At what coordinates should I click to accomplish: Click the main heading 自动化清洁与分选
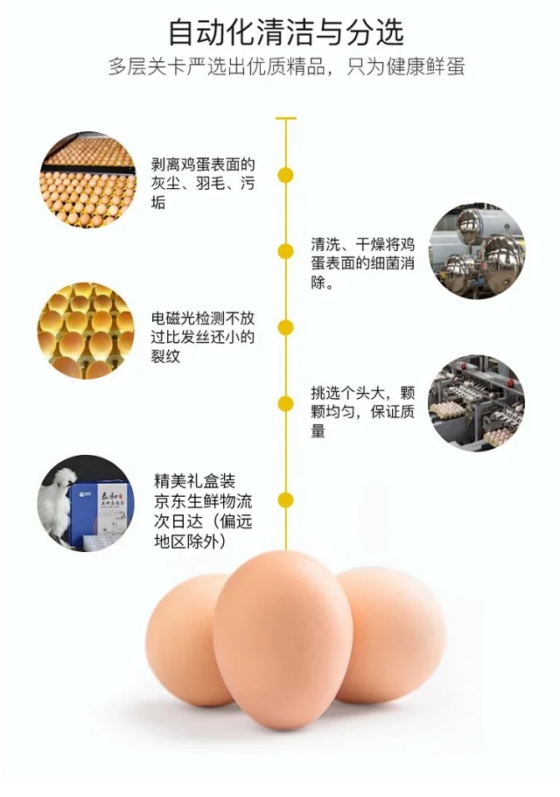pos(285,32)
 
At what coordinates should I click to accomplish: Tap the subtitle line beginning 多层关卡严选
pos(286,66)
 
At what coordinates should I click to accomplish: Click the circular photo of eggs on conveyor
pos(87,178)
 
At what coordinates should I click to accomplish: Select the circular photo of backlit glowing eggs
pos(86,331)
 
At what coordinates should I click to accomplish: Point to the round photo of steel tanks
pos(477,251)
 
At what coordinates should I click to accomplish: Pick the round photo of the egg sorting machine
pos(476,402)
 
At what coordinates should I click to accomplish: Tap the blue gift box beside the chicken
pos(101,514)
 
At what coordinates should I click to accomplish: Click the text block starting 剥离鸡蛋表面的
pos(202,184)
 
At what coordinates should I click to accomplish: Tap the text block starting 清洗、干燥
pos(363,263)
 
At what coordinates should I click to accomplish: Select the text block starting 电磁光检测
pos(202,337)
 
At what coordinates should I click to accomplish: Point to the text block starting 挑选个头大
pos(363,412)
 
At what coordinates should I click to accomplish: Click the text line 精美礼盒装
pos(195,481)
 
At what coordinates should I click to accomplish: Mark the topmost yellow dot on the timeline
pos(285,175)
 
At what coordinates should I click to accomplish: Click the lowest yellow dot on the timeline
pos(285,500)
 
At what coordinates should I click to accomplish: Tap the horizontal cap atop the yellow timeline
pos(285,118)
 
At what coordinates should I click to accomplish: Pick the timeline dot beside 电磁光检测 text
pos(285,328)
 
